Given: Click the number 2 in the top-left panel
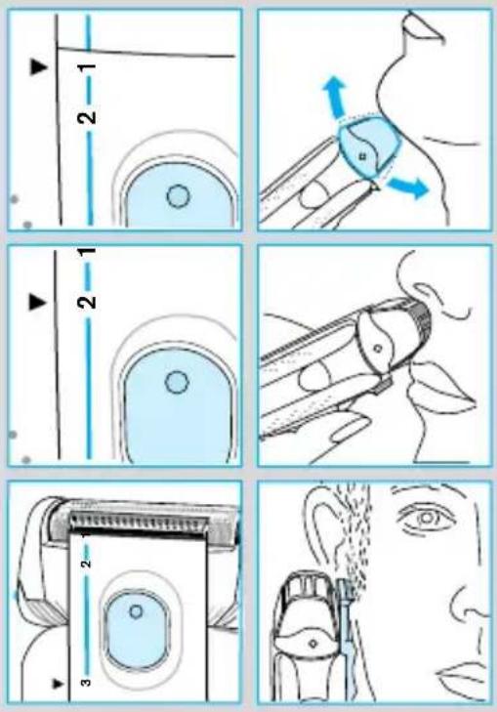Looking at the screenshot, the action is (87, 117).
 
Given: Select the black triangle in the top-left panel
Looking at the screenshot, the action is (39, 67).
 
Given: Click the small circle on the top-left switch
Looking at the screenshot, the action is (178, 196).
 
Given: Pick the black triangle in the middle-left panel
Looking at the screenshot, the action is (38, 302).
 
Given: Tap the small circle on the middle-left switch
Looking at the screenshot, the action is (177, 383).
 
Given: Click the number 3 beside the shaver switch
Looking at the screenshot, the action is (86, 682).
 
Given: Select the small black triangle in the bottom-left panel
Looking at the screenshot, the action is (57, 683).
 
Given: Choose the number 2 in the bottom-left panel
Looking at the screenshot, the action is (86, 564).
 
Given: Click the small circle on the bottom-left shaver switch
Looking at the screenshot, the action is (136, 611).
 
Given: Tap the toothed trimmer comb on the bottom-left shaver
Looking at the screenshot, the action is (140, 523).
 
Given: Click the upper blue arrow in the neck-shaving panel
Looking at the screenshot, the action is (334, 97).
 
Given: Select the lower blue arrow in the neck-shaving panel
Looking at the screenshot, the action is (408, 188).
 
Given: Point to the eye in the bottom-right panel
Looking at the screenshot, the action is (426, 518).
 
